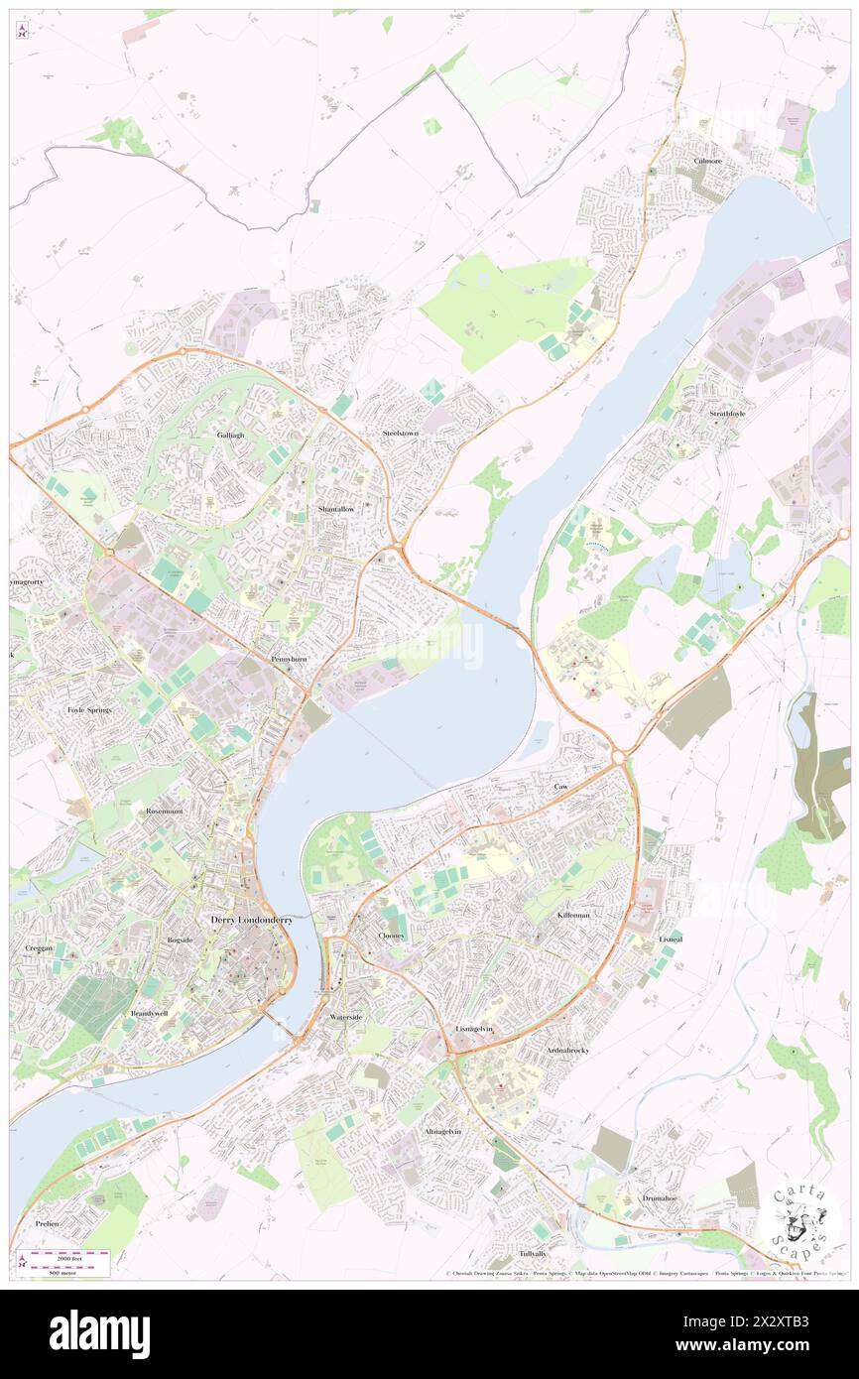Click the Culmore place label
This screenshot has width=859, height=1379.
pyautogui.click(x=707, y=161)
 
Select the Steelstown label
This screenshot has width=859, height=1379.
pyautogui.click(x=401, y=434)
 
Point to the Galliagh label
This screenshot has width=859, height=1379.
pyautogui.click(x=230, y=435)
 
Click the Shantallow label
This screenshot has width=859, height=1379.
pyautogui.click(x=336, y=508)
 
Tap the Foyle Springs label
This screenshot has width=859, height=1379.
pyautogui.click(x=89, y=710)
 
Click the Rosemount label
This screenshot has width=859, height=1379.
pyautogui.click(x=165, y=811)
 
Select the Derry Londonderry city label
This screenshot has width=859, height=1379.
pyautogui.click(x=252, y=920)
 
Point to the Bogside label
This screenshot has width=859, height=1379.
pyautogui.click(x=180, y=939)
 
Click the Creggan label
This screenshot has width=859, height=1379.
pyautogui.click(x=38, y=948)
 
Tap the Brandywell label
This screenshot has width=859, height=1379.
pyautogui.click(x=149, y=1013)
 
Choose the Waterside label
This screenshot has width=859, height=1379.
pyautogui.click(x=345, y=1018)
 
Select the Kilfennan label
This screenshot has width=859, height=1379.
pyautogui.click(x=573, y=914)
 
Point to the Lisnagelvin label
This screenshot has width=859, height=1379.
pyautogui.click(x=474, y=1029)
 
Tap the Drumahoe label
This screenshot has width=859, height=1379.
pyautogui.click(x=658, y=1197)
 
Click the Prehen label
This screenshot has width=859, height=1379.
pyautogui.click(x=47, y=1224)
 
